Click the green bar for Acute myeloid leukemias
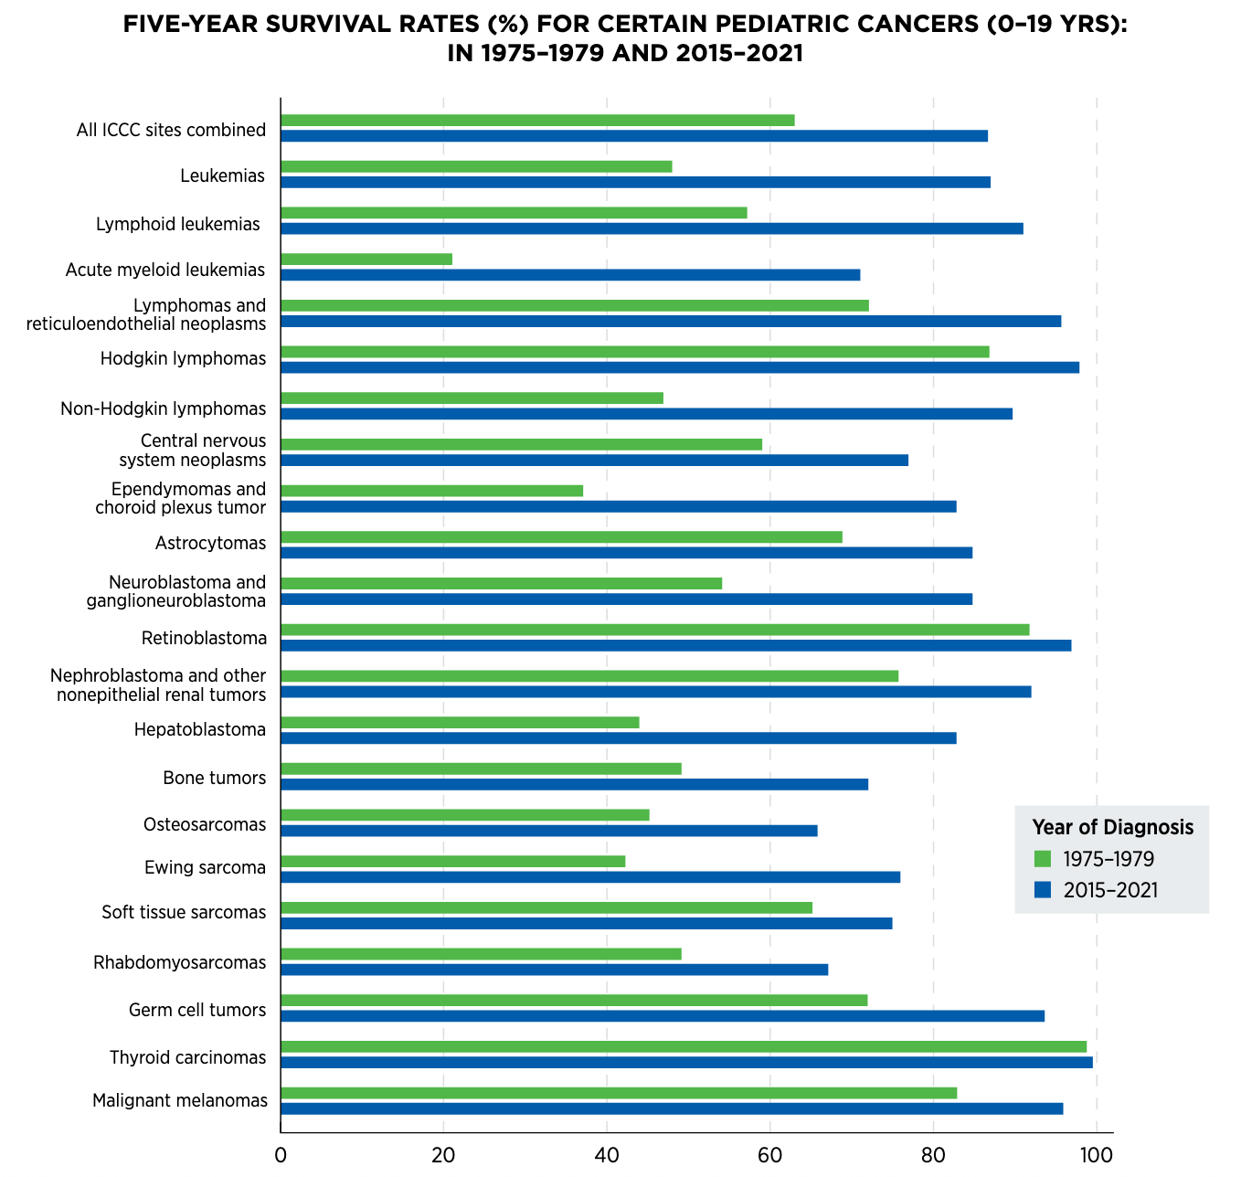pos(366,260)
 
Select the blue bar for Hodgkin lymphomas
pos(679,367)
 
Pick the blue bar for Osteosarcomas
pos(548,831)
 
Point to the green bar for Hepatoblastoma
pos(460,723)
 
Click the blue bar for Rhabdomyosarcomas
pos(554,970)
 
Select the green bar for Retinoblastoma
pos(654,630)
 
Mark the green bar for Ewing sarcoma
pos(452,861)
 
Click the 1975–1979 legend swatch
pos(1043,859)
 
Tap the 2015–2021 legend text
pos(1110,890)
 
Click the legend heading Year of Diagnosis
pos(1112,827)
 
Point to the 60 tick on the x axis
pos(769,1155)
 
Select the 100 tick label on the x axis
pos(1096,1155)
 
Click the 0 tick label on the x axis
pos(281,1155)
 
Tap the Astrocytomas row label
pos(210,545)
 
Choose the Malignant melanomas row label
pos(179,1101)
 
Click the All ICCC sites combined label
pos(171,130)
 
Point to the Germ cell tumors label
pos(197,1011)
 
